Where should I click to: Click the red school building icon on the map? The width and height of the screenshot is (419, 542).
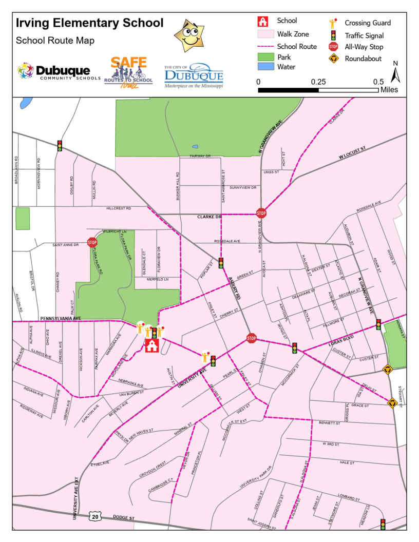click(x=151, y=345)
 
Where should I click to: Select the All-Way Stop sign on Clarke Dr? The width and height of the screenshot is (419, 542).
click(x=261, y=212)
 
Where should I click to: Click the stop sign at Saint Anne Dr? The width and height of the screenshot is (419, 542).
click(x=92, y=242)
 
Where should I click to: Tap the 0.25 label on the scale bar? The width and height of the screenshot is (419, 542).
click(x=318, y=82)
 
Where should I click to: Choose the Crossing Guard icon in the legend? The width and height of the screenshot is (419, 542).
click(x=333, y=23)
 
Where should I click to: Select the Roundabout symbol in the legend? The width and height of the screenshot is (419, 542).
click(x=333, y=59)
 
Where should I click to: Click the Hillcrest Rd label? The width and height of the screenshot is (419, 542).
click(x=119, y=208)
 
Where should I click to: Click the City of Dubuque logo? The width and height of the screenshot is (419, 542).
click(x=194, y=75)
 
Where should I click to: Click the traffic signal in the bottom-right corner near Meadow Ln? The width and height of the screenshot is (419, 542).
click(x=383, y=524)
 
